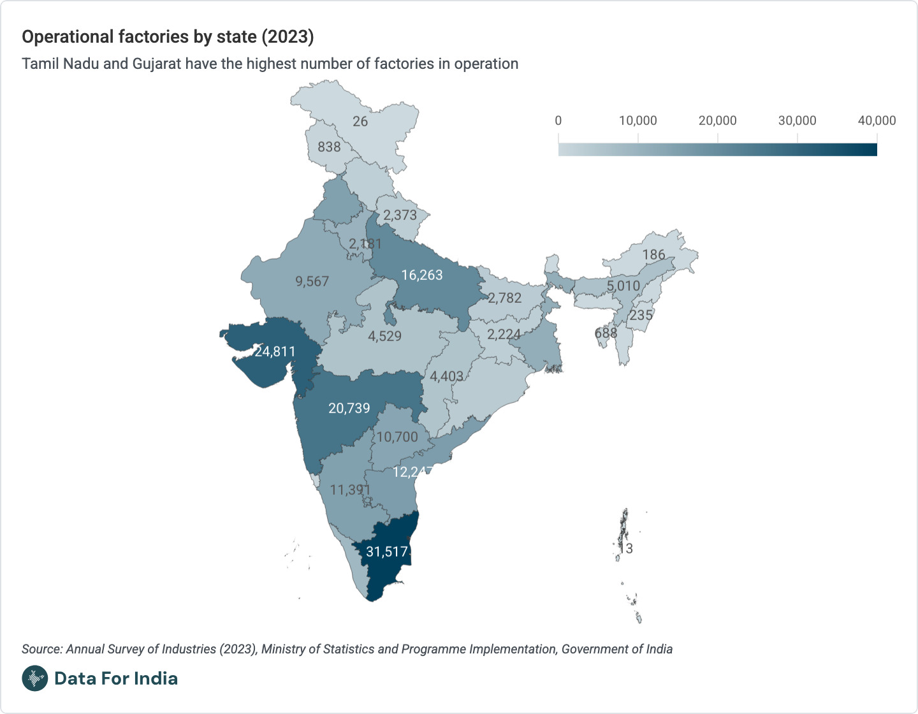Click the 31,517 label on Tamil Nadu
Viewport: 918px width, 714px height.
click(x=387, y=552)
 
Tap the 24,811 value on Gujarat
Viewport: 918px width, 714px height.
click(x=275, y=351)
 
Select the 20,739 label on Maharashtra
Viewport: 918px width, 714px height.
click(x=349, y=408)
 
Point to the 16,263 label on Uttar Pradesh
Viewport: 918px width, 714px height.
click(x=421, y=275)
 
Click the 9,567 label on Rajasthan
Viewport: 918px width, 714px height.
click(x=312, y=281)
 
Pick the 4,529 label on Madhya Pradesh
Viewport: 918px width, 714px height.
click(x=384, y=336)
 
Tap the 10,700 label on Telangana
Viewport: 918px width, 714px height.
click(x=397, y=437)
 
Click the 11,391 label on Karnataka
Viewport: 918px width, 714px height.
click(x=350, y=490)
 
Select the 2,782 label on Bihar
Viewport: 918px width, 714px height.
click(x=504, y=298)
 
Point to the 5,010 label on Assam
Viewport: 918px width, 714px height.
click(x=623, y=286)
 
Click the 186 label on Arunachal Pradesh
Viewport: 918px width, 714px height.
click(x=653, y=255)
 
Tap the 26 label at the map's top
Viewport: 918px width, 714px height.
click(x=360, y=121)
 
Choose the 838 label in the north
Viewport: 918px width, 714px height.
click(x=329, y=147)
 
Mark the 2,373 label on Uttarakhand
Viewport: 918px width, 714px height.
click(x=400, y=215)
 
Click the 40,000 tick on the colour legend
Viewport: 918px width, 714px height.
click(x=877, y=120)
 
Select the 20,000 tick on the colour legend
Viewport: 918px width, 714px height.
click(x=717, y=120)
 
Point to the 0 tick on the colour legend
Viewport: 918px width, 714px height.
click(x=558, y=120)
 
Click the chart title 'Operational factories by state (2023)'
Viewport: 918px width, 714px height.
click(x=168, y=37)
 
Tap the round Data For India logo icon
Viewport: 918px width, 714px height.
click(x=35, y=678)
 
